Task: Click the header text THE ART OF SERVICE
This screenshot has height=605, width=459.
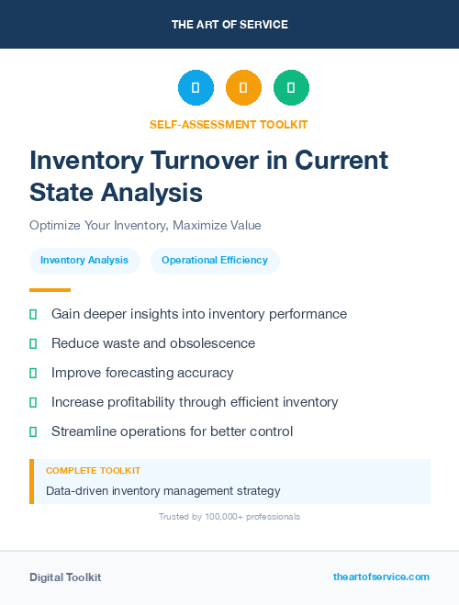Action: click(x=229, y=25)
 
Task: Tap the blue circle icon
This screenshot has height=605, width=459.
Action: click(x=196, y=88)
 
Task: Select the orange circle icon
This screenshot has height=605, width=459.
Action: click(x=243, y=88)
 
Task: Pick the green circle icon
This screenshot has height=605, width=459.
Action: click(x=291, y=88)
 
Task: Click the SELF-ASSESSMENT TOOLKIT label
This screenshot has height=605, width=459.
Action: click(x=229, y=124)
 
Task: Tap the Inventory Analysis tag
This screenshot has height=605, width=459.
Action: click(x=84, y=261)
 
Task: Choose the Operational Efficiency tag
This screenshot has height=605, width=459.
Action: click(x=215, y=261)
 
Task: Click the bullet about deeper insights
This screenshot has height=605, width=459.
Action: click(x=199, y=314)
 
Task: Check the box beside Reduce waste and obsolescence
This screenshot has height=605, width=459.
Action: click(x=33, y=343)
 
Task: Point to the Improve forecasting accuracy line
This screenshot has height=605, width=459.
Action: click(x=142, y=373)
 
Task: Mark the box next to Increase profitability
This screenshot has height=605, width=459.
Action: click(x=33, y=402)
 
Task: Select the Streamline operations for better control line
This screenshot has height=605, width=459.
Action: click(x=172, y=431)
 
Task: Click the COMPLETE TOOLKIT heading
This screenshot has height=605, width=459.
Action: click(x=93, y=470)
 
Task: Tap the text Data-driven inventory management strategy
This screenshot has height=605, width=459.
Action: click(x=163, y=490)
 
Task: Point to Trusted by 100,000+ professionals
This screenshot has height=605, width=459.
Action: click(x=229, y=517)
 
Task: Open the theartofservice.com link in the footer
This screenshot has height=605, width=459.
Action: click(x=381, y=577)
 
